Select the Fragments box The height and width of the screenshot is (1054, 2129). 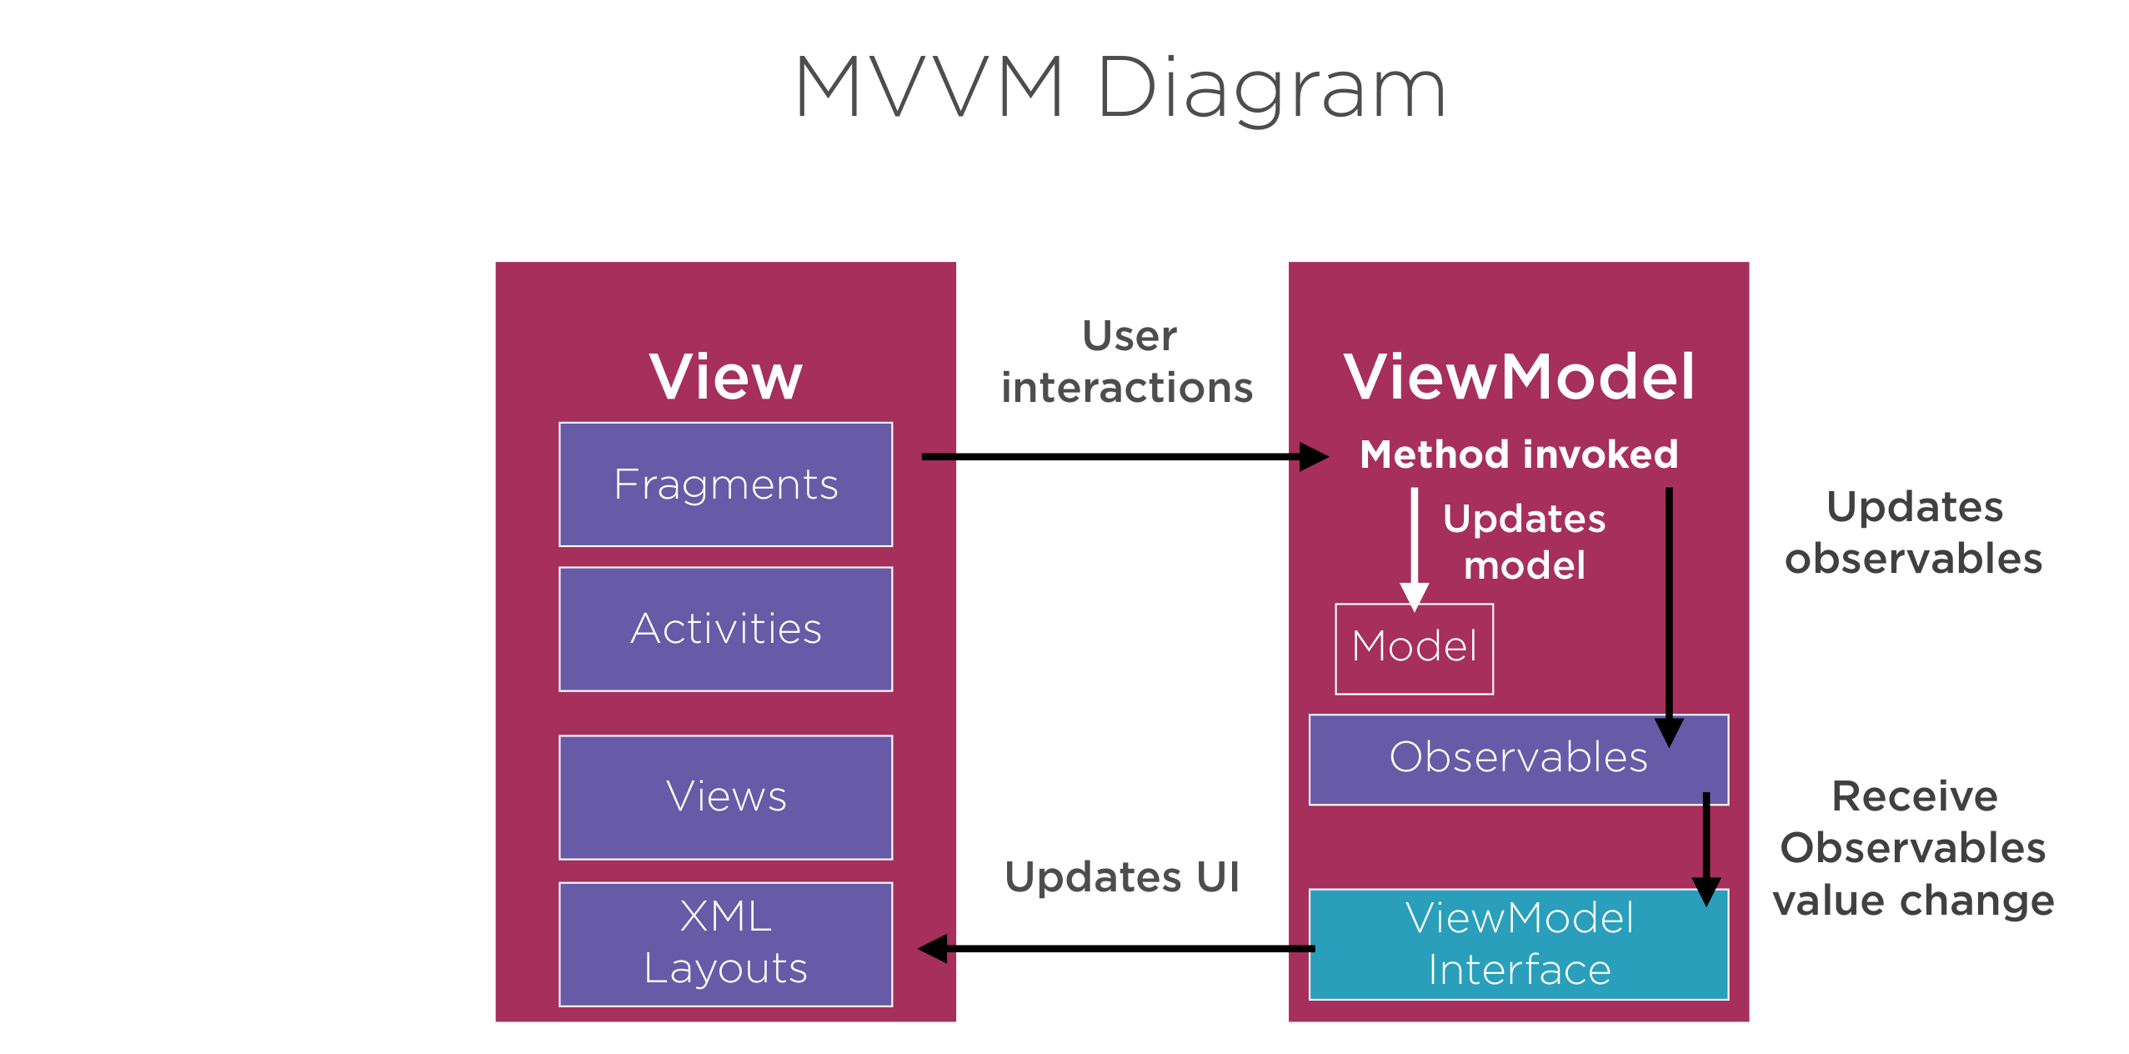725,484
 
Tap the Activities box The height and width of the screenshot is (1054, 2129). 725,629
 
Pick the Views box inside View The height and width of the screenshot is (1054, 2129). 725,797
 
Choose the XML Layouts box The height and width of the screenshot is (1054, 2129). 725,944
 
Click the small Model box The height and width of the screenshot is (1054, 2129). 1414,649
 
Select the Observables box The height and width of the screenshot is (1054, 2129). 1518,759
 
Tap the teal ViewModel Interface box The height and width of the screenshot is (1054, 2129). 1518,944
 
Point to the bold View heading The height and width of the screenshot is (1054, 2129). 725,377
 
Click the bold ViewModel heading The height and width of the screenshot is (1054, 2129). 1519,377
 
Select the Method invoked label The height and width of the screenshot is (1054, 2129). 1519,454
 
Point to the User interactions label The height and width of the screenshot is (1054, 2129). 1127,362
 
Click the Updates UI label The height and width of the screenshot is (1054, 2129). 1122,877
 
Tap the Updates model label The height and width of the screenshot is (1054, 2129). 1525,542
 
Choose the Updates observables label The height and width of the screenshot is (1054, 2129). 1914,532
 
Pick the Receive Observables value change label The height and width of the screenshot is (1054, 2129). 1914,849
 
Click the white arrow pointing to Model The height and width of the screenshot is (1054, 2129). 1415,550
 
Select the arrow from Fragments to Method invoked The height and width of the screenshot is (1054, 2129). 1125,456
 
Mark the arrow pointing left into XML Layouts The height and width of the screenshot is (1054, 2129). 1116,948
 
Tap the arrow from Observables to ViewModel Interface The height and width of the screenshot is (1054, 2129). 1706,849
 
